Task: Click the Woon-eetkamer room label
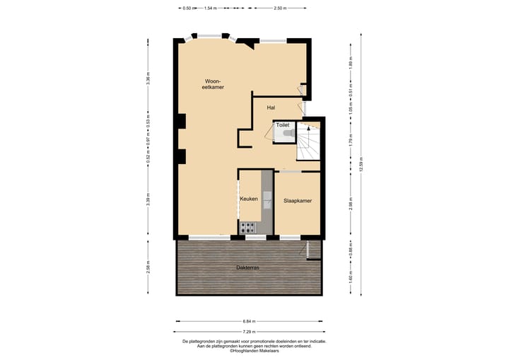point(212,84)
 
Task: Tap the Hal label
point(271,108)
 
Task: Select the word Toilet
point(282,124)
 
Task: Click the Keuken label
point(249,199)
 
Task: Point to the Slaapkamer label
point(298,200)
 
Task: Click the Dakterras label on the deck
point(247,268)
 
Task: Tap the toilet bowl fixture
point(285,133)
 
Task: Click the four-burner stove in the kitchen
point(249,227)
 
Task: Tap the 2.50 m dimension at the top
point(281,8)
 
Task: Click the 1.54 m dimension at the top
point(209,8)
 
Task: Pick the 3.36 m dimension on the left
point(148,80)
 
